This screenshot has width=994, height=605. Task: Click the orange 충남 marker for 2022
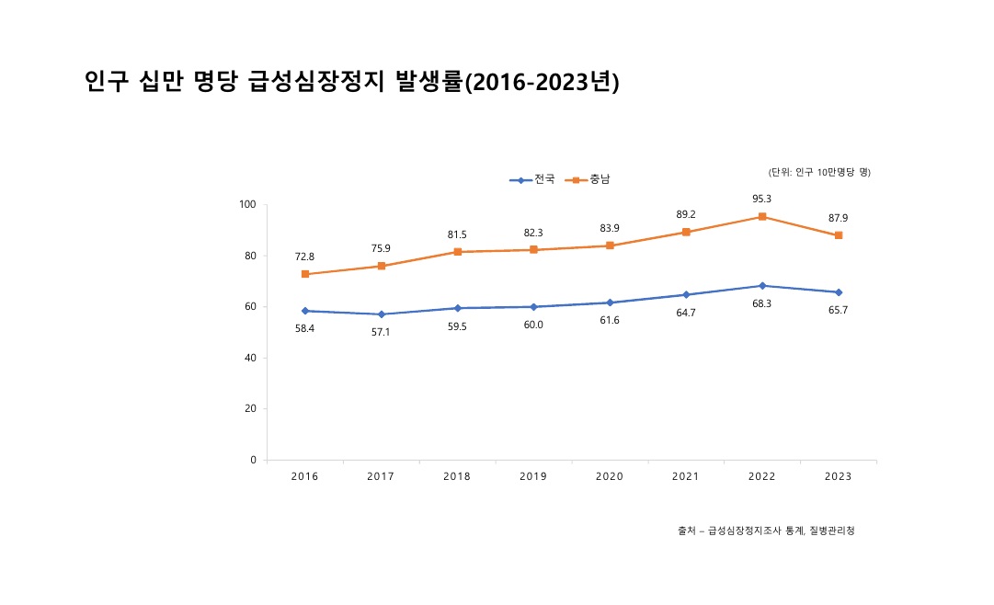pyautogui.click(x=762, y=216)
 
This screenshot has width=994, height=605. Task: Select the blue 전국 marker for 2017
pyautogui.click(x=381, y=314)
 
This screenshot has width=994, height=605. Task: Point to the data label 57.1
pyautogui.click(x=381, y=332)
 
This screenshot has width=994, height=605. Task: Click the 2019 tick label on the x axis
pyautogui.click(x=533, y=476)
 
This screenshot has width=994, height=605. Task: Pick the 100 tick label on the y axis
pyautogui.click(x=247, y=204)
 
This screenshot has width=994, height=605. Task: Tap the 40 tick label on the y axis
pyautogui.click(x=250, y=358)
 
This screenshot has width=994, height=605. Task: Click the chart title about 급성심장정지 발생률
pyautogui.click(x=351, y=82)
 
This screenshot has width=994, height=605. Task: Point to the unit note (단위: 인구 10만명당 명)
pyautogui.click(x=819, y=172)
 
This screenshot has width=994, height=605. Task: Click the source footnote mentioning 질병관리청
pyautogui.click(x=766, y=531)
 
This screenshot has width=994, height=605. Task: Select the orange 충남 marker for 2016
pyautogui.click(x=304, y=274)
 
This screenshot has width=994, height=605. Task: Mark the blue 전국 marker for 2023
pyautogui.click(x=839, y=292)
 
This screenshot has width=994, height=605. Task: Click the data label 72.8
pyautogui.click(x=304, y=257)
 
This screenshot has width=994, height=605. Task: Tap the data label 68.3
pyautogui.click(x=762, y=303)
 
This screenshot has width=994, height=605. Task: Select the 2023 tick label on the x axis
pyautogui.click(x=839, y=476)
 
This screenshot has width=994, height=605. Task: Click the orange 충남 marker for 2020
pyautogui.click(x=610, y=245)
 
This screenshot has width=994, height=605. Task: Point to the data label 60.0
pyautogui.click(x=533, y=325)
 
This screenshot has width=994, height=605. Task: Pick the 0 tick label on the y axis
pyautogui.click(x=253, y=460)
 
